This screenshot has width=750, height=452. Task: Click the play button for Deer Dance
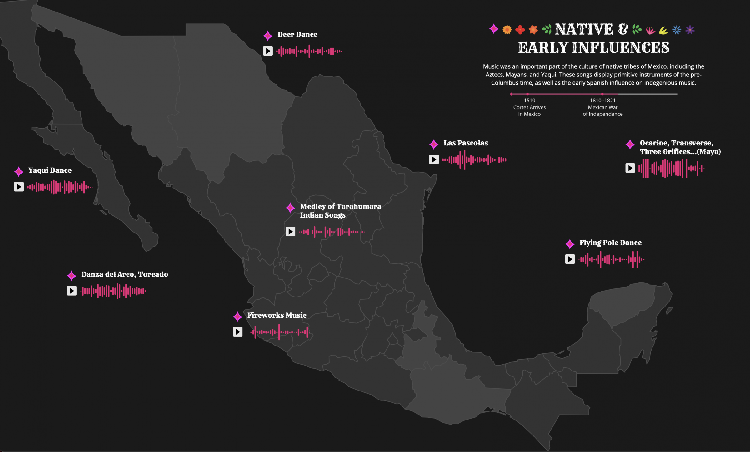pos(268,51)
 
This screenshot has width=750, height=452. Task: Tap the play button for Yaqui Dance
pos(19,187)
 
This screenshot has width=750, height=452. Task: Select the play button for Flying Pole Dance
pos(570,259)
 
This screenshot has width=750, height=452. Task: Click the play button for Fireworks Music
pos(237,332)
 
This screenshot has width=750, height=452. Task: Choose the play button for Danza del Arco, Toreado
pos(72,291)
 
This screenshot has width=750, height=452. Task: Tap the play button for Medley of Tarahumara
pos(290,231)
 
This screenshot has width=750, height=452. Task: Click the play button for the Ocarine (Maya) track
pos(630,168)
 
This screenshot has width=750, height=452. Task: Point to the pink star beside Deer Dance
pos(268,36)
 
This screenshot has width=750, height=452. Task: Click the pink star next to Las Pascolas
pos(434,144)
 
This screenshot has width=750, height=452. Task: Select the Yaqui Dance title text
pos(50,170)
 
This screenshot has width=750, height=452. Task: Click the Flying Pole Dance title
pos(610,243)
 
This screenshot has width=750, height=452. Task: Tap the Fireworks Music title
pos(277,315)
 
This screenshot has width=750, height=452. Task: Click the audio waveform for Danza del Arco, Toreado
pos(114,291)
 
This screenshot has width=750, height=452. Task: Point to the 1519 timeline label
pos(529,101)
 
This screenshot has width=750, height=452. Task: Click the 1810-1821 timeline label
pos(602,101)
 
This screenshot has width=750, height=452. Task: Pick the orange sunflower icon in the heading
pos(507,30)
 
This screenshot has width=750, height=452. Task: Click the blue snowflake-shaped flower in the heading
pos(677,30)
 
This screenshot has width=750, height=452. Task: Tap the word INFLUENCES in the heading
pos(621,48)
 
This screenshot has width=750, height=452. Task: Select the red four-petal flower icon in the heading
pos(520,30)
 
